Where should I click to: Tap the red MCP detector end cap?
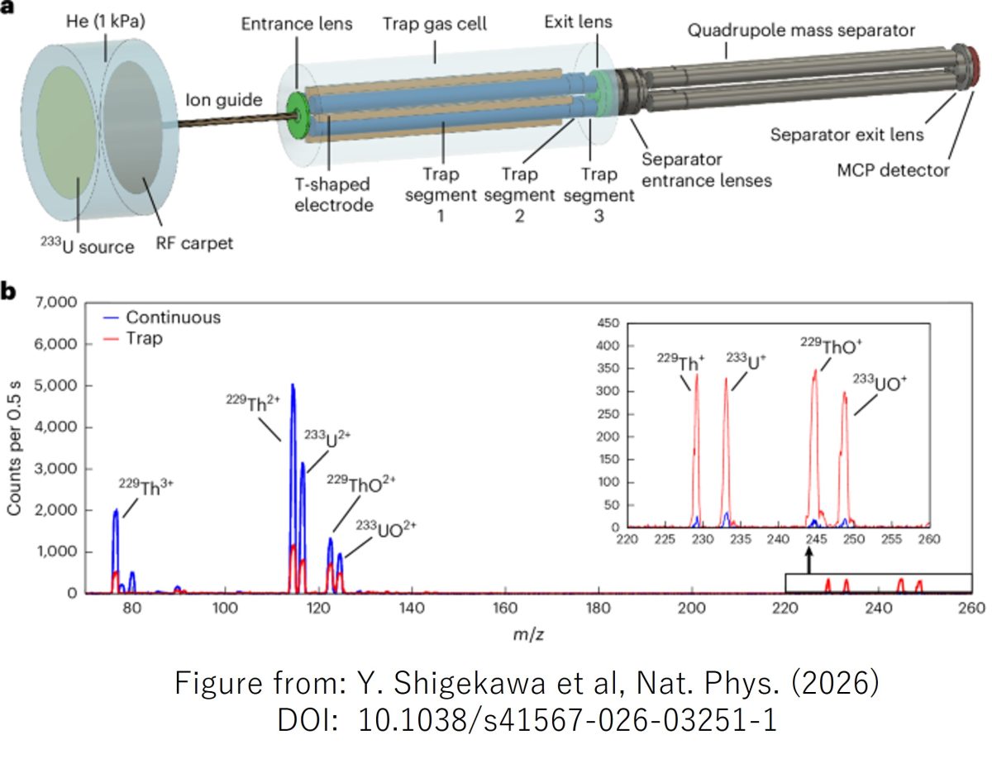pyautogui.click(x=975, y=68)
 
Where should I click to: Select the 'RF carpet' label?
pyautogui.click(x=194, y=244)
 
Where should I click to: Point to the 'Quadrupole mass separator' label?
pyautogui.click(x=801, y=31)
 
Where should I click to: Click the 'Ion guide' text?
pyautogui.click(x=224, y=100)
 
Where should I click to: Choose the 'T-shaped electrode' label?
pyautogui.click(x=333, y=195)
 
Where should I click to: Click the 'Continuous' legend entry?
pyautogui.click(x=173, y=317)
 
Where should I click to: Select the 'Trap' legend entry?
pyautogui.click(x=144, y=338)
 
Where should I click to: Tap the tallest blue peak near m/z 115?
pyautogui.click(x=293, y=385)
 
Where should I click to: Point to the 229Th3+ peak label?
pyautogui.click(x=146, y=487)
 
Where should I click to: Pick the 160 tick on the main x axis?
pyautogui.click(x=505, y=608)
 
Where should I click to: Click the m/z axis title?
pyautogui.click(x=528, y=634)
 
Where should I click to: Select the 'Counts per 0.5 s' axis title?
pyautogui.click(x=13, y=448)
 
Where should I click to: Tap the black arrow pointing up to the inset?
pyautogui.click(x=809, y=561)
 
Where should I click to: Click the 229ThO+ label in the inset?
pyautogui.click(x=831, y=346)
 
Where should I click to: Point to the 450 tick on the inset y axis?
pyautogui.click(x=608, y=322)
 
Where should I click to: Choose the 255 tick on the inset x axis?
pyautogui.click(x=892, y=539)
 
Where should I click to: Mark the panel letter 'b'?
pyautogui.click(x=7, y=292)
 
